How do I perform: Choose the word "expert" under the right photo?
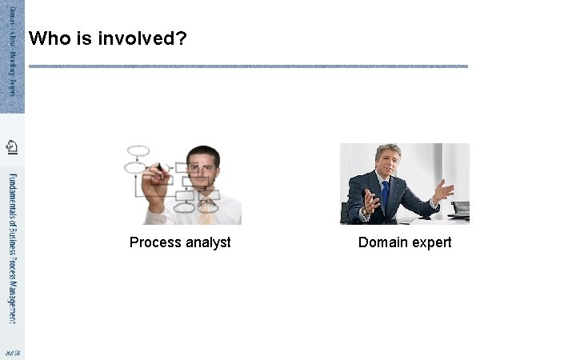coord(431,242)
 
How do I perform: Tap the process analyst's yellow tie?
coord(206,213)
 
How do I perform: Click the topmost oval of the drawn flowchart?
coord(138,150)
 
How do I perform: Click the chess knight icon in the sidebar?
coord(12,147)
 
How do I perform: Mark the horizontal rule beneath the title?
coord(248,66)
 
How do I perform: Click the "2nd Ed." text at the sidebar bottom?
coord(12,353)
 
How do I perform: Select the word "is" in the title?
coord(82,38)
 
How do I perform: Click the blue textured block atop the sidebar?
coord(12,56)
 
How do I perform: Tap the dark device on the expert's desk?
coord(459,210)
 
